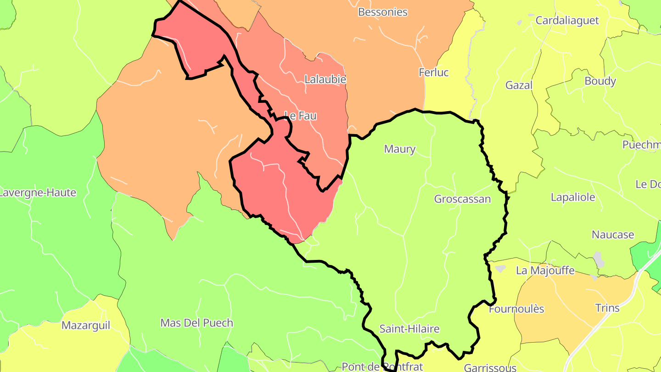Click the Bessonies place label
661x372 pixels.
pyautogui.click(x=382, y=12)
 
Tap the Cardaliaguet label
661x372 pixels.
pyautogui.click(x=567, y=21)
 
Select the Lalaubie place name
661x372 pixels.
pyautogui.click(x=325, y=79)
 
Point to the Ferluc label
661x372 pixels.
pyautogui.click(x=433, y=73)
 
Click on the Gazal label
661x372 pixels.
pyautogui.click(x=519, y=85)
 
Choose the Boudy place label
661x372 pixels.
pyautogui.click(x=600, y=81)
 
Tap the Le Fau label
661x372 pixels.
pyautogui.click(x=301, y=116)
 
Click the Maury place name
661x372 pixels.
pyautogui.click(x=399, y=149)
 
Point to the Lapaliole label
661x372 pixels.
pyautogui.click(x=572, y=197)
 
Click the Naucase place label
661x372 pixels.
pyautogui.click(x=612, y=235)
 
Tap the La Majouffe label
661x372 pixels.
pyautogui.click(x=545, y=271)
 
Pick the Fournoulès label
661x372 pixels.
pyautogui.click(x=516, y=309)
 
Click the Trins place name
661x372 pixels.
pyautogui.click(x=607, y=308)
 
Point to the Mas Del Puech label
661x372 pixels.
pyautogui.click(x=196, y=323)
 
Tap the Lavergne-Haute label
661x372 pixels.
pyautogui.click(x=38, y=193)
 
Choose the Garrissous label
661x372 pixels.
pyautogui.click(x=490, y=367)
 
